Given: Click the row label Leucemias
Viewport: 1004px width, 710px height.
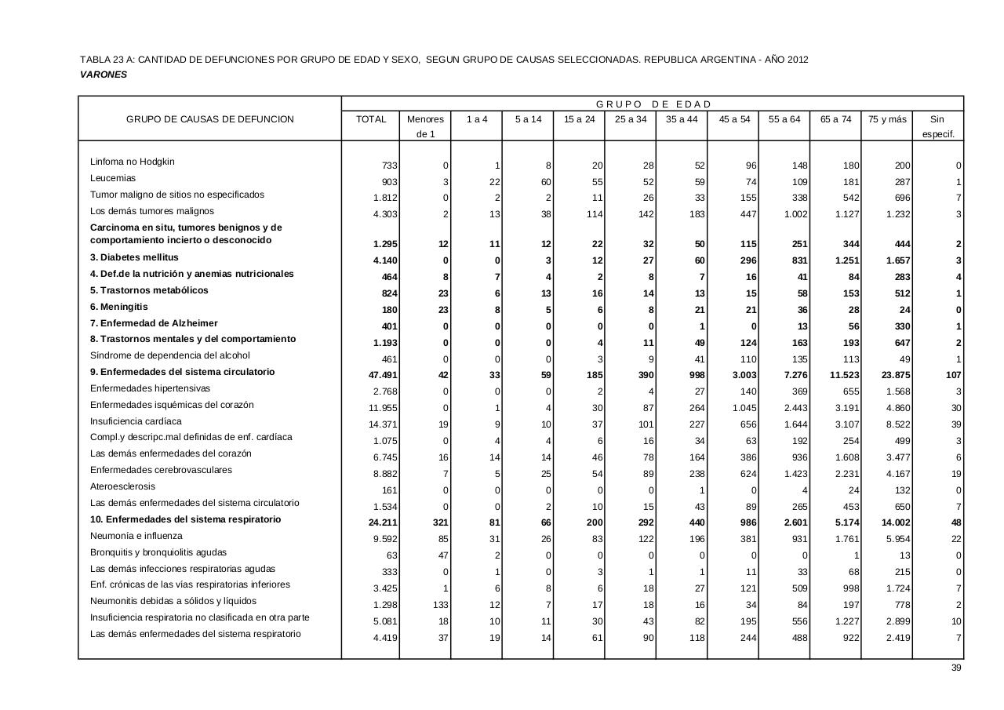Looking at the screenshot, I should pyautogui.click(x=113, y=178).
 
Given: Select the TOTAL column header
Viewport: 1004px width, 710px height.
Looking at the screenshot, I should pyautogui.click(x=371, y=119).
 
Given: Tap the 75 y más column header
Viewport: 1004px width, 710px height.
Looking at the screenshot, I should pyautogui.click(x=887, y=119).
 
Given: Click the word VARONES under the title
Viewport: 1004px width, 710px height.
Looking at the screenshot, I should pyautogui.click(x=104, y=75).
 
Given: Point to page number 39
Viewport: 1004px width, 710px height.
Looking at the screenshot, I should pyautogui.click(x=956, y=668).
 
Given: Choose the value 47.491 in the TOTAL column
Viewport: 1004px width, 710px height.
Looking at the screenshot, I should pyautogui.click(x=384, y=375).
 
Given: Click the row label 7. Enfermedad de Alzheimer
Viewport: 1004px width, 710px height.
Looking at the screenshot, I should pyautogui.click(x=154, y=323).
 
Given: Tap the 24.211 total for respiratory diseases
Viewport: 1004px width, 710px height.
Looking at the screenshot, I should pyautogui.click(x=384, y=522).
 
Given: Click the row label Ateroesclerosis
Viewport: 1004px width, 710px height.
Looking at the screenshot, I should pyautogui.click(x=122, y=486).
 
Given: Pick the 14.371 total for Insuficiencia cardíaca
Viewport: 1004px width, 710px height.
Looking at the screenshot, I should pyautogui.click(x=384, y=424).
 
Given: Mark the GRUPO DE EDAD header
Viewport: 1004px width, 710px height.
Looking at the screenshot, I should pyautogui.click(x=653, y=104).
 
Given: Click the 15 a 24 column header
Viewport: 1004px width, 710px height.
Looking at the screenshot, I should pyautogui.click(x=579, y=119).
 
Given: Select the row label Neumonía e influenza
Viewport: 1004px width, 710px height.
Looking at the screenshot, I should pyautogui.click(x=136, y=536).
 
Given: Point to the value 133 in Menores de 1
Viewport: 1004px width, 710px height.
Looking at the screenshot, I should pyautogui.click(x=438, y=605).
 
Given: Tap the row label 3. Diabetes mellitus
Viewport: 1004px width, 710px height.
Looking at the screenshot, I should pyautogui.click(x=134, y=257).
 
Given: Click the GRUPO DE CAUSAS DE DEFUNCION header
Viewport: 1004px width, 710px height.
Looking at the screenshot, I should pyautogui.click(x=210, y=119).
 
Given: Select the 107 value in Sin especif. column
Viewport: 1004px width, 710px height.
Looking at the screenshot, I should pyautogui.click(x=953, y=375).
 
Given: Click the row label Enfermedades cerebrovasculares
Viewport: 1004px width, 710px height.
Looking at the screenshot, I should pyautogui.click(x=161, y=470).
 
